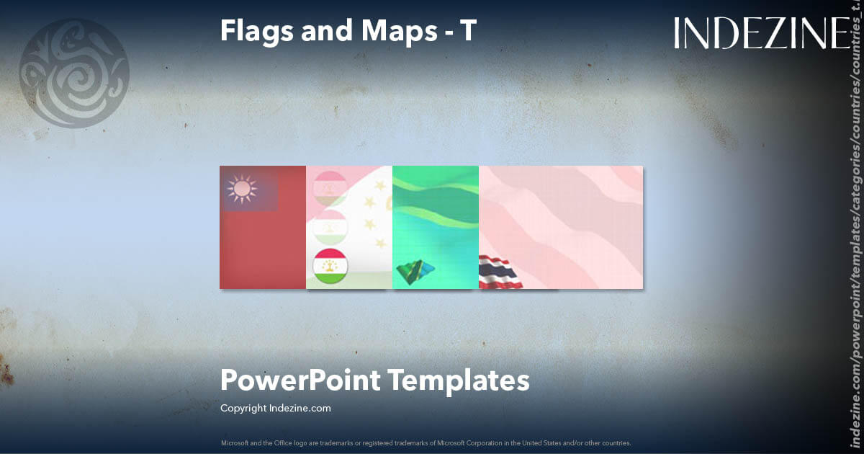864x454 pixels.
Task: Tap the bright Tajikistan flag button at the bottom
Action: coord(330,266)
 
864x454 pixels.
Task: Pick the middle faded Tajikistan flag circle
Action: coord(330,226)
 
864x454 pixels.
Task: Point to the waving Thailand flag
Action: coord(501,273)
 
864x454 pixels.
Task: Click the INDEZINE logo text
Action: coord(761,34)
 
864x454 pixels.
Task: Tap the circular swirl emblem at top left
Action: coord(73,74)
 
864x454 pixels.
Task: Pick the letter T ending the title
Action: coord(468,30)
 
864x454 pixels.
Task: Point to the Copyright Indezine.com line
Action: coord(276,408)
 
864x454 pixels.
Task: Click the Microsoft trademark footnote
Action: coord(426,442)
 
